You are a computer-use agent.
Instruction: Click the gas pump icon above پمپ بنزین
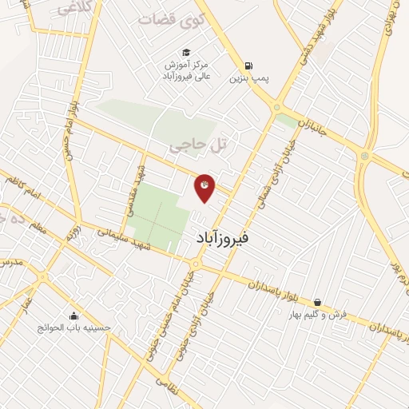point(250,66)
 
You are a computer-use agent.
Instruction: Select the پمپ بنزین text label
point(246,79)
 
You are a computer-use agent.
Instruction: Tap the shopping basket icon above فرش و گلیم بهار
point(320,302)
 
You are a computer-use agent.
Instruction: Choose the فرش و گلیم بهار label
point(318,315)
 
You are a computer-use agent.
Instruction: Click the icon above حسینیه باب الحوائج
point(74,315)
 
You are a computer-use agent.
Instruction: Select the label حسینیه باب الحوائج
point(73,328)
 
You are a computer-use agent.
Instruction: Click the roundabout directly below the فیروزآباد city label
point(195,263)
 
